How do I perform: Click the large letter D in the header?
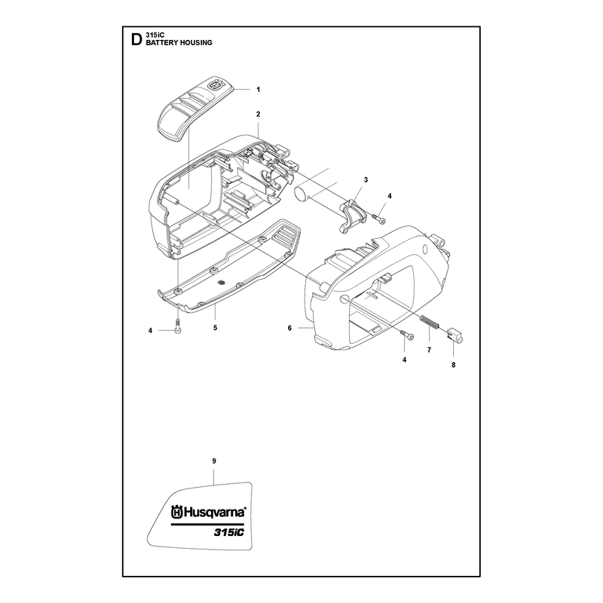(136, 39)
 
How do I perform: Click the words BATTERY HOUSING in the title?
(179, 43)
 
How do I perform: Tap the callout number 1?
(258, 90)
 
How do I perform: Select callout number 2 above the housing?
(258, 115)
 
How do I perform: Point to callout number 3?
(366, 179)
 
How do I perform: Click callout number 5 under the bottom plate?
(216, 328)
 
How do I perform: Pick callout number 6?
(289, 328)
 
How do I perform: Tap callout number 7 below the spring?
(429, 350)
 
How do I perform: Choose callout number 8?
(454, 365)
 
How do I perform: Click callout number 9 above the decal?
(214, 461)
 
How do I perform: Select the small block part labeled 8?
(455, 334)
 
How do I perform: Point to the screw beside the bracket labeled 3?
(379, 218)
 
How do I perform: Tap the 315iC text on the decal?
(229, 533)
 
